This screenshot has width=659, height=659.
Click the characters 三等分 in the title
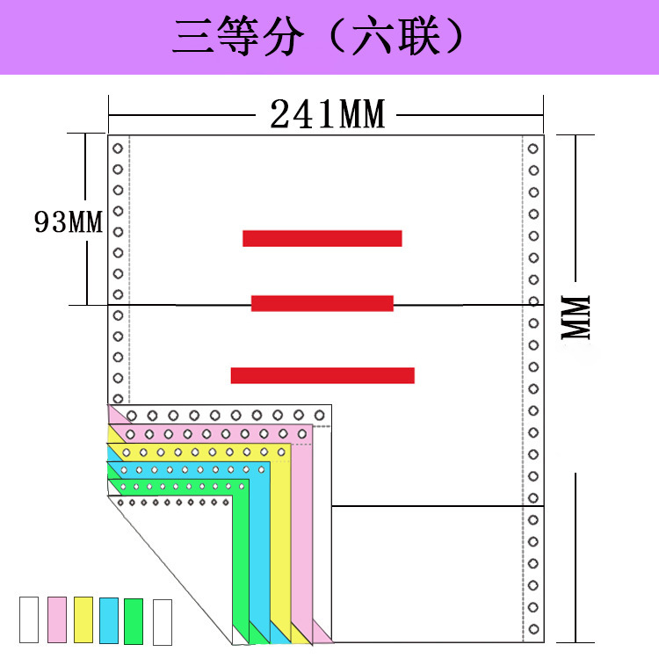point(238,39)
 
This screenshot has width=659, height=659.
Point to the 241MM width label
point(327,114)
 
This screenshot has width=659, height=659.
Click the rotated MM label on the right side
point(578,317)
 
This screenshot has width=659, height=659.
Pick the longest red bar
point(322,375)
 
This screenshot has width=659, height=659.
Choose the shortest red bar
point(322,303)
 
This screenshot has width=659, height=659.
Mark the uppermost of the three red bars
point(322,238)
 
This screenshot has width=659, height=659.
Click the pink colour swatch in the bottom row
point(57,620)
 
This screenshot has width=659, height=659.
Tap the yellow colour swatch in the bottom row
point(83,620)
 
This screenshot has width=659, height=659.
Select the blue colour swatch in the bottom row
point(109,620)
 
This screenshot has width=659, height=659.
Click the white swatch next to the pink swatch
point(29,620)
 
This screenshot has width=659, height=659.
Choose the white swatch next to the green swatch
point(163,622)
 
